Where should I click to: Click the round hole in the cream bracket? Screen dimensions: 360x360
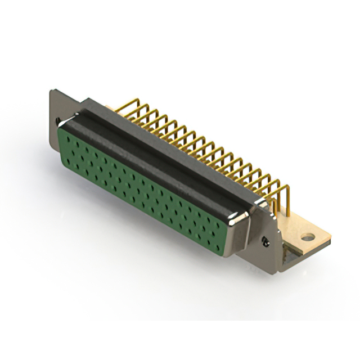308,237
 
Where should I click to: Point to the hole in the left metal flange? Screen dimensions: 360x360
58,120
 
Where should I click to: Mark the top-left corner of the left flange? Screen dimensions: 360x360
51,91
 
